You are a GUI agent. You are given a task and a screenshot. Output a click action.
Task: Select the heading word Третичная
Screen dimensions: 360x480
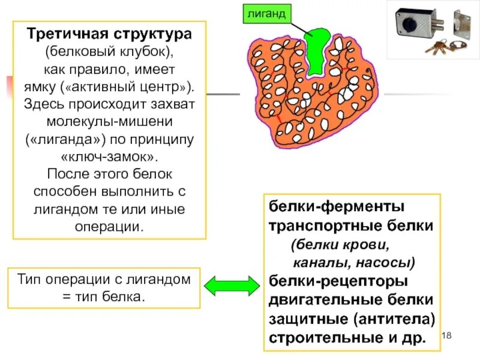click(67, 34)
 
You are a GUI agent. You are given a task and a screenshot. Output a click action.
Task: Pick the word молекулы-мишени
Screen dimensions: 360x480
click(109, 122)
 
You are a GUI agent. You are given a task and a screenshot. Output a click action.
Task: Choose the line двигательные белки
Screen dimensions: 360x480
click(350, 299)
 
